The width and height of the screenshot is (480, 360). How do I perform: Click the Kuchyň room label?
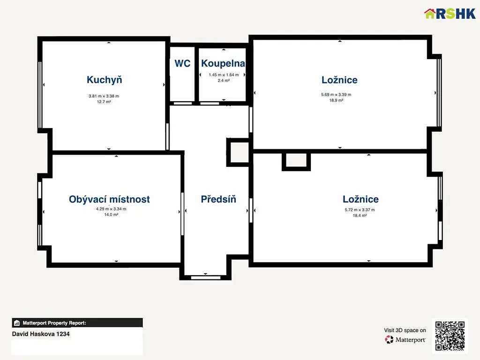(105, 80)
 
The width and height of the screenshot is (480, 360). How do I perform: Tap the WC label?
(182, 63)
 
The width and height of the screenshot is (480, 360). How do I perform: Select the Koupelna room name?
(223, 63)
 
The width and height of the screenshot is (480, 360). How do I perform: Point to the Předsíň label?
(218, 199)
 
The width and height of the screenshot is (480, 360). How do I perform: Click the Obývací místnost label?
(109, 199)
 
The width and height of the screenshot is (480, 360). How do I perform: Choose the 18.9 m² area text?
(336, 100)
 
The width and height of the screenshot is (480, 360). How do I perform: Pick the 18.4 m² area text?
(360, 216)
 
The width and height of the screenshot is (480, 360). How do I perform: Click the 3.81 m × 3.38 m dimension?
(104, 96)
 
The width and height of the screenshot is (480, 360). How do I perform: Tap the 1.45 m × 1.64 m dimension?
(224, 75)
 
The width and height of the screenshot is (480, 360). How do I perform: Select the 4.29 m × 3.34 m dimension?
(111, 209)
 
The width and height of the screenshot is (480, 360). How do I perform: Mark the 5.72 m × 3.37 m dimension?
(360, 210)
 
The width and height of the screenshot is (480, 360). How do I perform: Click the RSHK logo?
(450, 14)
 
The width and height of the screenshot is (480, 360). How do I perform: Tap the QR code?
(450, 336)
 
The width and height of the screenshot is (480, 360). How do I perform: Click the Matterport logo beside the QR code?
(405, 339)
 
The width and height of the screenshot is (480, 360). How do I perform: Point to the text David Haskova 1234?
(41, 334)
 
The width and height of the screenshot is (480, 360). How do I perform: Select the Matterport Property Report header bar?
(77, 323)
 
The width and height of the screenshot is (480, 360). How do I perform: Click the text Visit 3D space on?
(405, 330)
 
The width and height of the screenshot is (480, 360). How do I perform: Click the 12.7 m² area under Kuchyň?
(104, 102)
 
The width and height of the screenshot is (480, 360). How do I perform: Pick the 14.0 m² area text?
(111, 215)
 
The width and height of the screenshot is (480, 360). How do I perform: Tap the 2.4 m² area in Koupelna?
(224, 81)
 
